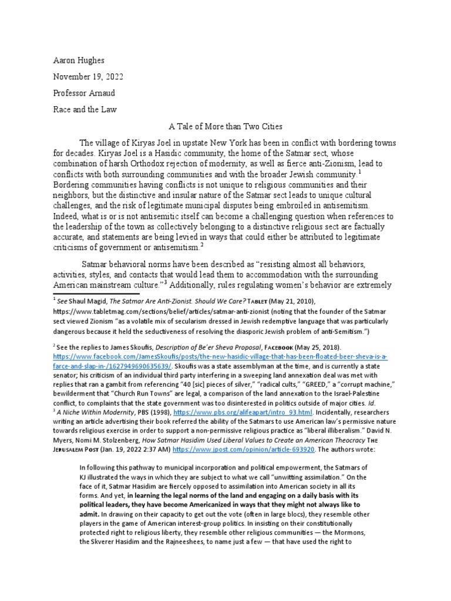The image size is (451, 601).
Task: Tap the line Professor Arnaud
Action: click(77, 93)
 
